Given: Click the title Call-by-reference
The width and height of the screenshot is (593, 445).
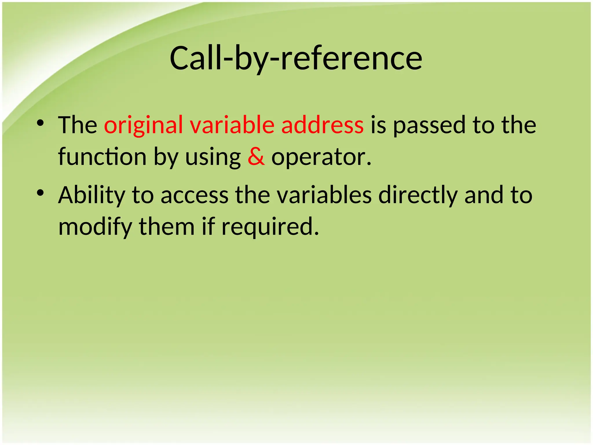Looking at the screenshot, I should tap(296, 59).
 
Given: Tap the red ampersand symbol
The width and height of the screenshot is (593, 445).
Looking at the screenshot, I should tap(256, 157).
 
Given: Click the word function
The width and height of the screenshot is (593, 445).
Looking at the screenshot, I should tap(102, 157).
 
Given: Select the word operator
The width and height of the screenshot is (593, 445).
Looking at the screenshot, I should tap(321, 157).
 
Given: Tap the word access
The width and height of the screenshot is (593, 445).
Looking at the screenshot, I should tap(195, 196).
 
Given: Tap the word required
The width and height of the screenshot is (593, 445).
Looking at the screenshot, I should tap(270, 227).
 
